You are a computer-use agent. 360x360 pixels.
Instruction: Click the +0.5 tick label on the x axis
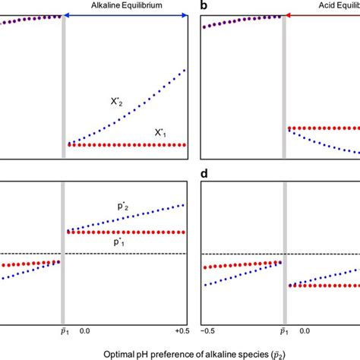click(x=180, y=311)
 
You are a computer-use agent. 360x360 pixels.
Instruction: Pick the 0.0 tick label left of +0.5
click(x=85, y=311)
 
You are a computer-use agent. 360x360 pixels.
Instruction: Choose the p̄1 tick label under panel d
click(x=285, y=311)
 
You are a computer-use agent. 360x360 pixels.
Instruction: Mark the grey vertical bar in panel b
click(x=285, y=84)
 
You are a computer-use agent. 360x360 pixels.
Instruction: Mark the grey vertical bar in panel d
click(x=285, y=243)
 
